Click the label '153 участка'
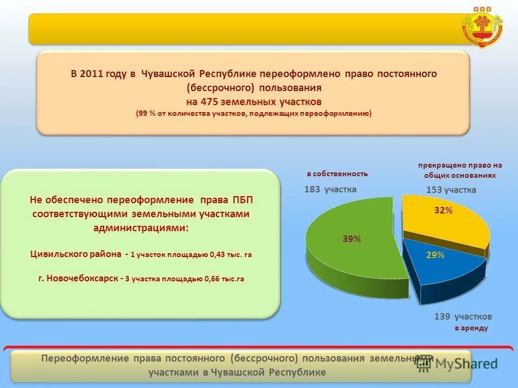(451, 190)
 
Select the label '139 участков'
(463, 316)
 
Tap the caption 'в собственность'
(337, 174)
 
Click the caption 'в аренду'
(471, 328)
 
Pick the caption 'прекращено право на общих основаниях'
(460, 170)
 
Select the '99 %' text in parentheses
(147, 114)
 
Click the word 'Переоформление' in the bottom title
(85, 358)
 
